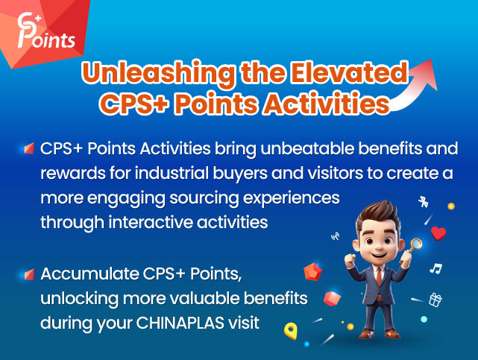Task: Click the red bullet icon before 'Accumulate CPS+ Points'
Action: pyautogui.click(x=28, y=274)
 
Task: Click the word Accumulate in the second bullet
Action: pyautogui.click(x=81, y=274)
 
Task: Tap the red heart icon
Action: pyautogui.click(x=438, y=233)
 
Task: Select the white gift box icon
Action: pyautogui.click(x=435, y=300)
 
